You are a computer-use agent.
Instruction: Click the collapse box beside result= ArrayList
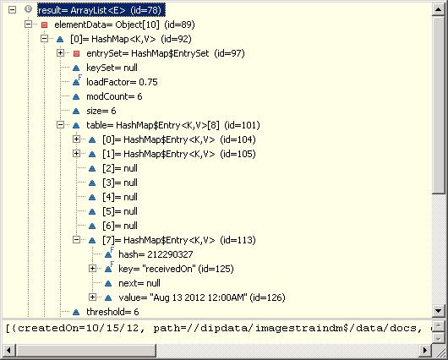12,10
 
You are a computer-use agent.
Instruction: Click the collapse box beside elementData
28,25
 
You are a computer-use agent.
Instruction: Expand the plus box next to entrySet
60,53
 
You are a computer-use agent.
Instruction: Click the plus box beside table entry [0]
76,139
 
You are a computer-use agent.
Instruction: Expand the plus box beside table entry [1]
76,154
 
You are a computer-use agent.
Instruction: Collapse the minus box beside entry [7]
76,240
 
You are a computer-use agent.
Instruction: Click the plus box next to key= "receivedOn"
92,268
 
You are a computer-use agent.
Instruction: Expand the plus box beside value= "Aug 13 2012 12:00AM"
92,297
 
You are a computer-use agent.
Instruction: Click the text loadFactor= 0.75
122,82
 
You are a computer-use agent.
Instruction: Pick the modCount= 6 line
114,96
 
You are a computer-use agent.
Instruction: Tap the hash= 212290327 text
156,254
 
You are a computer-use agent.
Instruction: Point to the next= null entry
139,283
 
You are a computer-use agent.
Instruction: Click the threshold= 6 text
112,312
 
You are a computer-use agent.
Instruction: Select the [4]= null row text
120,197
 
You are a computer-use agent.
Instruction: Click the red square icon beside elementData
44,25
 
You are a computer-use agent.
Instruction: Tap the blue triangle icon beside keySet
76,68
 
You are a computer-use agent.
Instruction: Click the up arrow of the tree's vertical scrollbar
439,9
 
